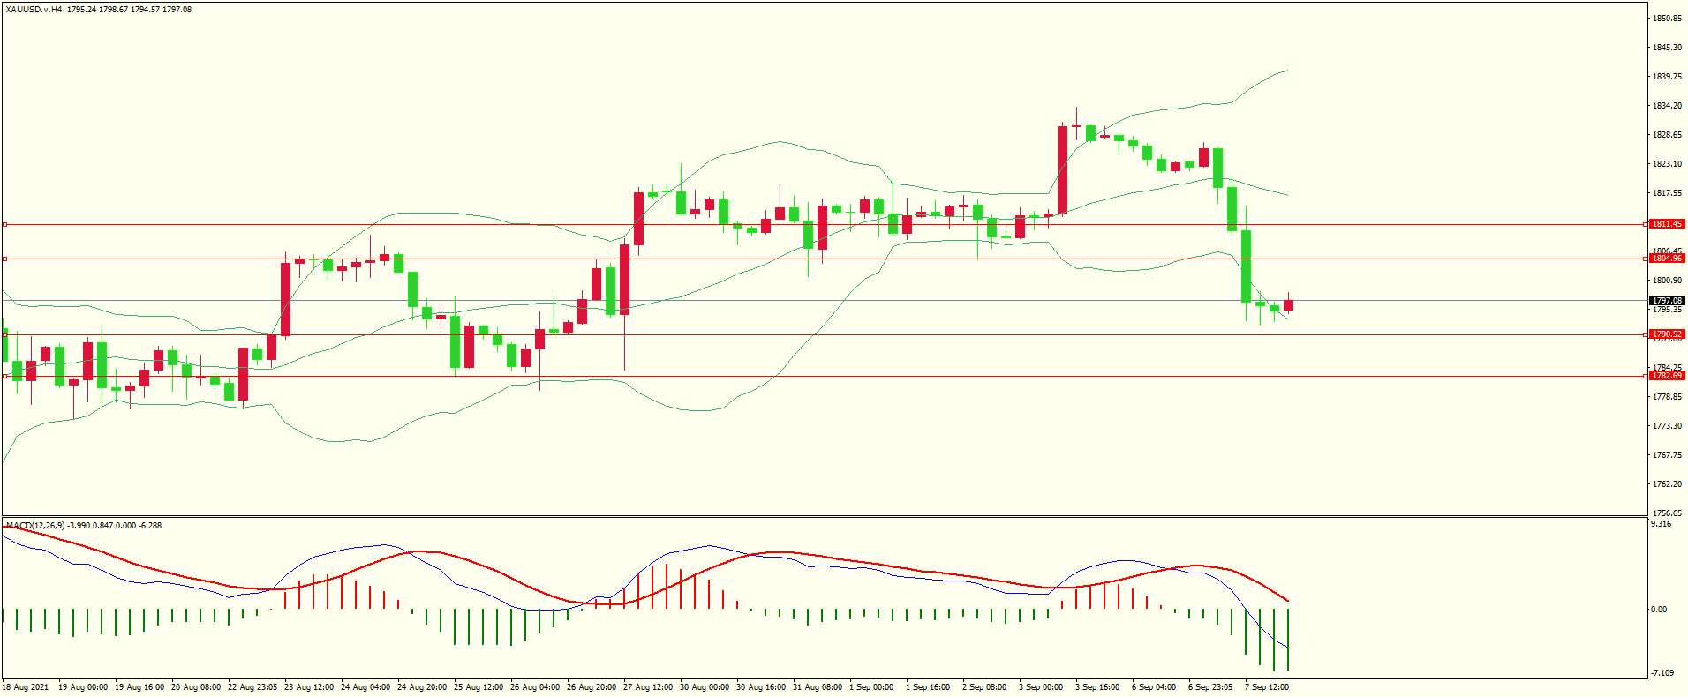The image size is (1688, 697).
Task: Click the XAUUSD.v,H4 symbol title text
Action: [34, 10]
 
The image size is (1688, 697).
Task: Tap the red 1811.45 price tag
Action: [1667, 224]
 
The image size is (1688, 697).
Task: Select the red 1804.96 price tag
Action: [1667, 259]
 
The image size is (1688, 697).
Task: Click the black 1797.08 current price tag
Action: [1667, 301]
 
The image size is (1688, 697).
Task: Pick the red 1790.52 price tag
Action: [1667, 334]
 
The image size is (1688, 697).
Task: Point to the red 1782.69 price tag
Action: [1667, 376]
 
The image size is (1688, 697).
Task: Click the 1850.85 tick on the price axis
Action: [1667, 19]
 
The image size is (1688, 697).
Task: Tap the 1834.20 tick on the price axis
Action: [1667, 106]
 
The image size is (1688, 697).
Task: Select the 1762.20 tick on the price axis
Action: [1667, 484]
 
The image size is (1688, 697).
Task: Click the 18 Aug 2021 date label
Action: [26, 687]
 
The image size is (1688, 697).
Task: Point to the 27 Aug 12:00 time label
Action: [648, 687]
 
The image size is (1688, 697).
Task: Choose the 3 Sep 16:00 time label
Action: [1097, 687]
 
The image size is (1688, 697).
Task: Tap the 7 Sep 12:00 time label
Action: [1267, 687]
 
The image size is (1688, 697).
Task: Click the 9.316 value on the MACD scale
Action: [1661, 524]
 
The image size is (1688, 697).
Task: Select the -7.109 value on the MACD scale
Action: [1662, 673]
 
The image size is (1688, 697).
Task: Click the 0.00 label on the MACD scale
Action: [1659, 610]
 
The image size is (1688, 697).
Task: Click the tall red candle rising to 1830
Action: [1062, 169]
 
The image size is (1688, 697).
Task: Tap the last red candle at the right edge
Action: [1288, 305]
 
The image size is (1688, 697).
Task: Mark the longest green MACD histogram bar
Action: [1274, 640]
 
